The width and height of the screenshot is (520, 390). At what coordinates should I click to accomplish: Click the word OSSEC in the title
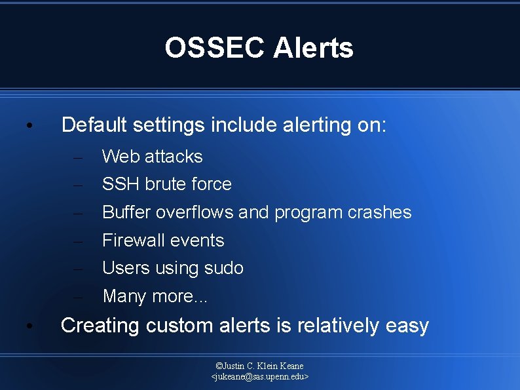215,48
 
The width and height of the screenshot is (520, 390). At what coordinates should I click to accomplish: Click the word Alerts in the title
314,48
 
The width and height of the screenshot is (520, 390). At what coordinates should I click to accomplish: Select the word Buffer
126,212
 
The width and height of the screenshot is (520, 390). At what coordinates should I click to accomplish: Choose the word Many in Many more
124,296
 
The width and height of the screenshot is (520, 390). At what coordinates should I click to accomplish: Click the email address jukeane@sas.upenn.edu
260,377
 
